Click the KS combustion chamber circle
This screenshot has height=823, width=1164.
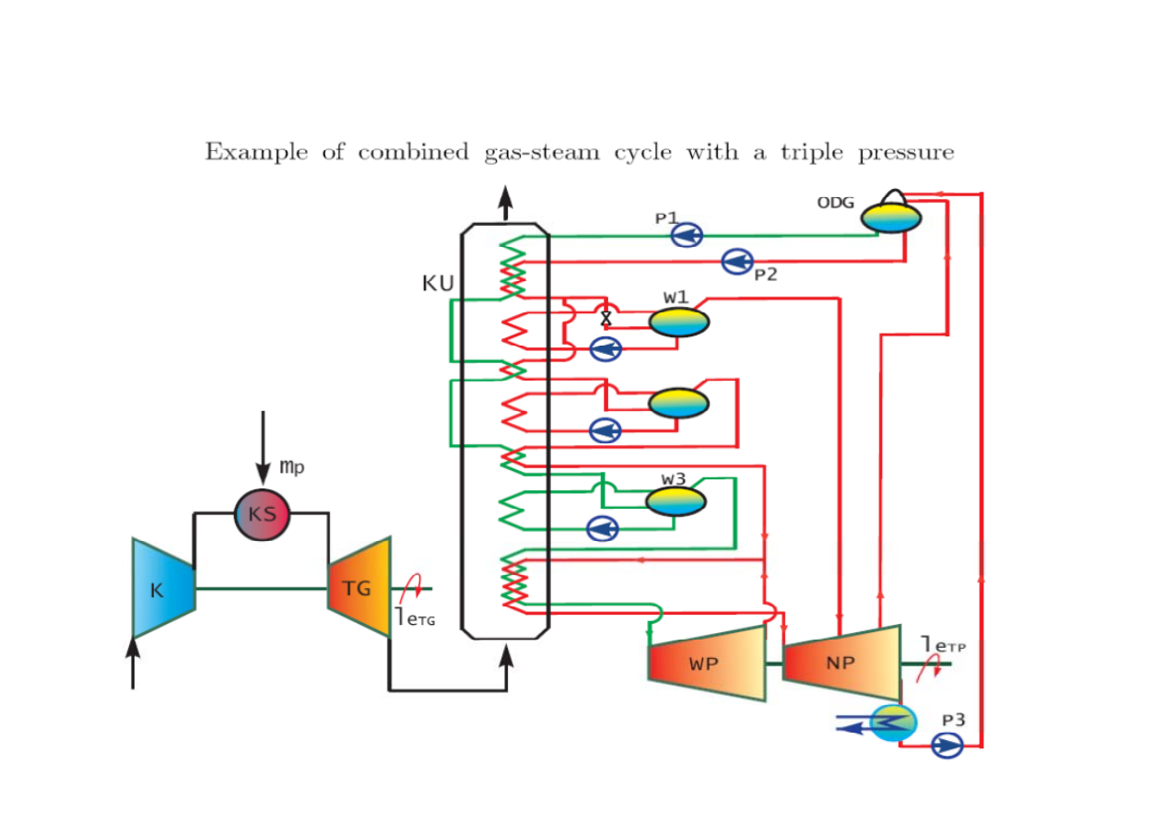[263, 513]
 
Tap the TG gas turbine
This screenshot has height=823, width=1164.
[359, 586]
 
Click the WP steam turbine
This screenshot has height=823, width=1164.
[706, 663]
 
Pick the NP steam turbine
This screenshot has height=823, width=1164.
[841, 663]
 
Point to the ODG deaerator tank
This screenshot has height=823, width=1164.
[891, 218]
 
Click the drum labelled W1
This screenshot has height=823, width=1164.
[679, 322]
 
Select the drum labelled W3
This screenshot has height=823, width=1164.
[676, 500]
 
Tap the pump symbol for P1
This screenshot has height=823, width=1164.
[687, 236]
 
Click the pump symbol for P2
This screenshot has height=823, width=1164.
[737, 262]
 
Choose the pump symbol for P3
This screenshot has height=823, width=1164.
[946, 744]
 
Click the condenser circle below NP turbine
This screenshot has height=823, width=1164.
[893, 723]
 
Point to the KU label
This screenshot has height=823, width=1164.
[438, 284]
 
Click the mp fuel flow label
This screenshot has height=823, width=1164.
[291, 468]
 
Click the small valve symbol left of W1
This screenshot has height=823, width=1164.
[606, 318]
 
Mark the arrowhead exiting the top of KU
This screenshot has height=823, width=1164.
[505, 197]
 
